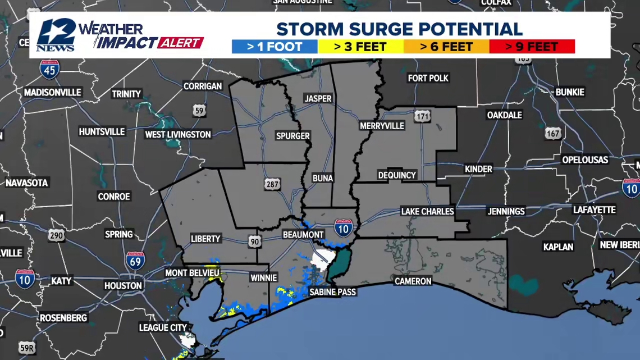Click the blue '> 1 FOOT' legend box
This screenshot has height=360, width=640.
(x=275, y=47)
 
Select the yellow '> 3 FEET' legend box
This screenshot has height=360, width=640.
(x=360, y=47)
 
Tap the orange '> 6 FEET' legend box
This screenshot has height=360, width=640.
(x=446, y=47)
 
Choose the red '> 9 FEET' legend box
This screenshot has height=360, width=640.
(x=532, y=47)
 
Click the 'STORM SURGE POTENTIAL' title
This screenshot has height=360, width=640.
(x=399, y=29)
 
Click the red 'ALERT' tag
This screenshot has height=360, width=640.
(x=181, y=43)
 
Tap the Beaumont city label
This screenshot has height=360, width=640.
(x=303, y=234)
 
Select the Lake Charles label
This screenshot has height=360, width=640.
(x=427, y=211)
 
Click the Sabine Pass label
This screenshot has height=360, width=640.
(x=332, y=292)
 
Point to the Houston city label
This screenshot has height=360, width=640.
(x=123, y=285)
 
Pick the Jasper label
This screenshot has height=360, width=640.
(x=318, y=98)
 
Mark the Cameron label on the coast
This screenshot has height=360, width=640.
(x=413, y=281)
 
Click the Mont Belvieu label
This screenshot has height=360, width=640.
(x=191, y=273)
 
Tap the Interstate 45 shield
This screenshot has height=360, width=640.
(x=49, y=69)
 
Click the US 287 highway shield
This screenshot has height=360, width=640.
(x=272, y=184)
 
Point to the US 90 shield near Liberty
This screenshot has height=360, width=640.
(x=255, y=241)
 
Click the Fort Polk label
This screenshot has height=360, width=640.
(x=428, y=78)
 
